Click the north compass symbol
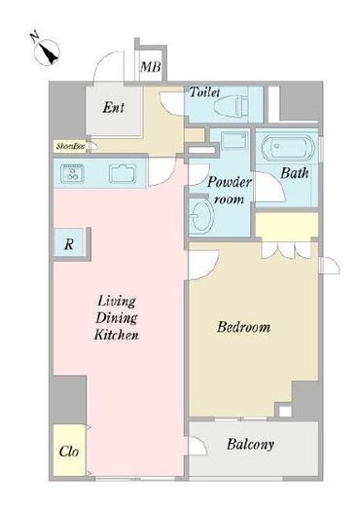(48, 52)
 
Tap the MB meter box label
(151, 67)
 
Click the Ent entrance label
(113, 107)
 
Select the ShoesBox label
(71, 146)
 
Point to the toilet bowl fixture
(233, 105)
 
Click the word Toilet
(204, 92)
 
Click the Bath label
(295, 173)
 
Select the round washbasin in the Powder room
(201, 214)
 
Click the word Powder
(229, 182)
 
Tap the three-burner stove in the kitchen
(72, 173)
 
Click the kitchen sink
(123, 174)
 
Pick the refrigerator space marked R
(69, 243)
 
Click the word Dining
(117, 318)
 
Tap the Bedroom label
(243, 327)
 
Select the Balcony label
(250, 445)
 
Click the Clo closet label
(69, 452)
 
